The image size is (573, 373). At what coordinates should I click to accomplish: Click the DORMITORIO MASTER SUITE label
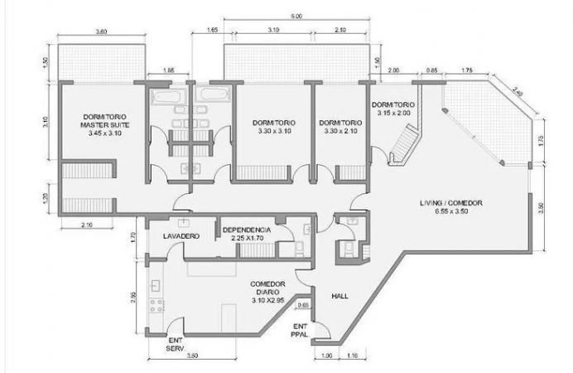(105, 121)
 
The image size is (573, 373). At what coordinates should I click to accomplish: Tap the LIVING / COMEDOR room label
(451, 203)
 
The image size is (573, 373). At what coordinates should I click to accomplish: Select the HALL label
(339, 296)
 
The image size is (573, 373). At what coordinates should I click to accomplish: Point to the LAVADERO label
(181, 236)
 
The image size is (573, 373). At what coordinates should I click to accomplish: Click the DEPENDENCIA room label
(247, 230)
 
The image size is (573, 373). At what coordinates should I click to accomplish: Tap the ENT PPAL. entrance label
(301, 330)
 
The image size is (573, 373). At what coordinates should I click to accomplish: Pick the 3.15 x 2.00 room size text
(393, 113)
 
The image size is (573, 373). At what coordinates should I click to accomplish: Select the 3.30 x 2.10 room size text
(340, 131)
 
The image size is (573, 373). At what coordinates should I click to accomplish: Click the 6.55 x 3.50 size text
(451, 211)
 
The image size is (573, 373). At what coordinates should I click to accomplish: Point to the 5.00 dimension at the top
(296, 16)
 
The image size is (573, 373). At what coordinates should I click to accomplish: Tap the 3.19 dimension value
(273, 30)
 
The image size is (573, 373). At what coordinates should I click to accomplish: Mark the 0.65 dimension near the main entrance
(303, 305)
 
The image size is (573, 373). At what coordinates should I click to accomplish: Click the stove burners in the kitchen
(156, 306)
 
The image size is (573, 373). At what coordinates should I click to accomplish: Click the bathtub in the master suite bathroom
(166, 97)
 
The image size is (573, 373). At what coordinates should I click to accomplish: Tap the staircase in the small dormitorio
(404, 144)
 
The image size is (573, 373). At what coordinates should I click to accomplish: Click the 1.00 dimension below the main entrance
(327, 355)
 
